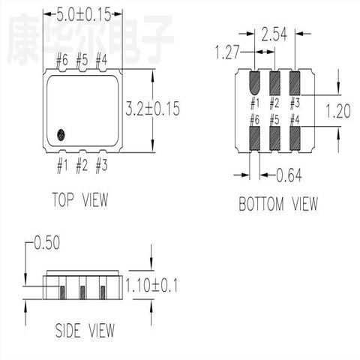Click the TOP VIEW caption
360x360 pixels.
(x=79, y=199)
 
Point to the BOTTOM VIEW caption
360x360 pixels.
(x=278, y=203)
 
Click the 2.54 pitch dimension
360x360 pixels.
(x=276, y=33)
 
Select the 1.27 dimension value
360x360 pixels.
(x=229, y=52)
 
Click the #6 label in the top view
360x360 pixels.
(x=63, y=59)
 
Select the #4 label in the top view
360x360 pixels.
(x=101, y=59)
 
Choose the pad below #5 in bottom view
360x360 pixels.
(x=274, y=138)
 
